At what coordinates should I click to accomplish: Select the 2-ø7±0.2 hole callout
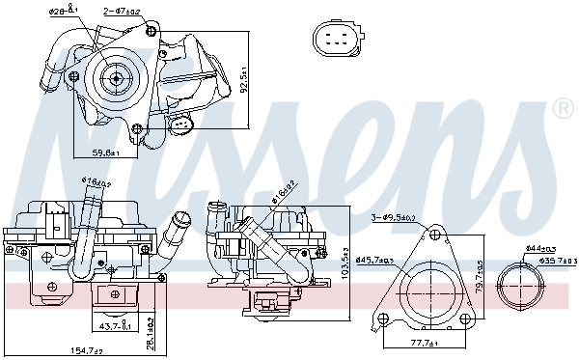[x=122, y=12]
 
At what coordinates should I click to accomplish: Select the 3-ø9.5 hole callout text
[x=395, y=219]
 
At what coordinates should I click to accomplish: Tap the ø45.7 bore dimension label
[x=374, y=259]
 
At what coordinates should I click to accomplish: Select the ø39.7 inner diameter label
[x=557, y=261]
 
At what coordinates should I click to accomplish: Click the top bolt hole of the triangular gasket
[x=435, y=235]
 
